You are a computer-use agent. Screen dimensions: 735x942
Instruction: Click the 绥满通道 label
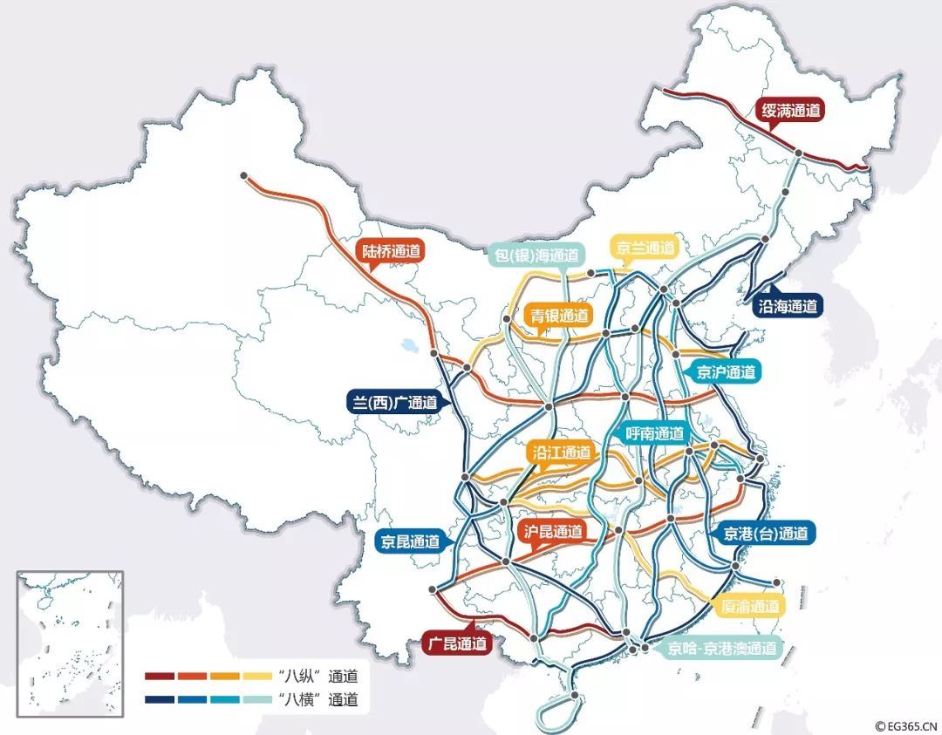[790, 112]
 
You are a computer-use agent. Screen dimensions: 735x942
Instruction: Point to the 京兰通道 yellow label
[645, 248]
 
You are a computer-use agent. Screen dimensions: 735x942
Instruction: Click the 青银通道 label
[559, 316]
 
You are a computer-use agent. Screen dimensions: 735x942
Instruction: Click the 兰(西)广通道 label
[392, 403]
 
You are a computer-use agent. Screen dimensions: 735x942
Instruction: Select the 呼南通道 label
[655, 433]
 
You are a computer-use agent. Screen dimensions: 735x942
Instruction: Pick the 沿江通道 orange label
[560, 453]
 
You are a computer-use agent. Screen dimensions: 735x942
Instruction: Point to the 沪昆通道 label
[552, 532]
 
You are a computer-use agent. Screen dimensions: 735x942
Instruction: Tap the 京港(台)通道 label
[765, 533]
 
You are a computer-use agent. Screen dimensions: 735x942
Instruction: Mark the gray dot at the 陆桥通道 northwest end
[244, 176]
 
